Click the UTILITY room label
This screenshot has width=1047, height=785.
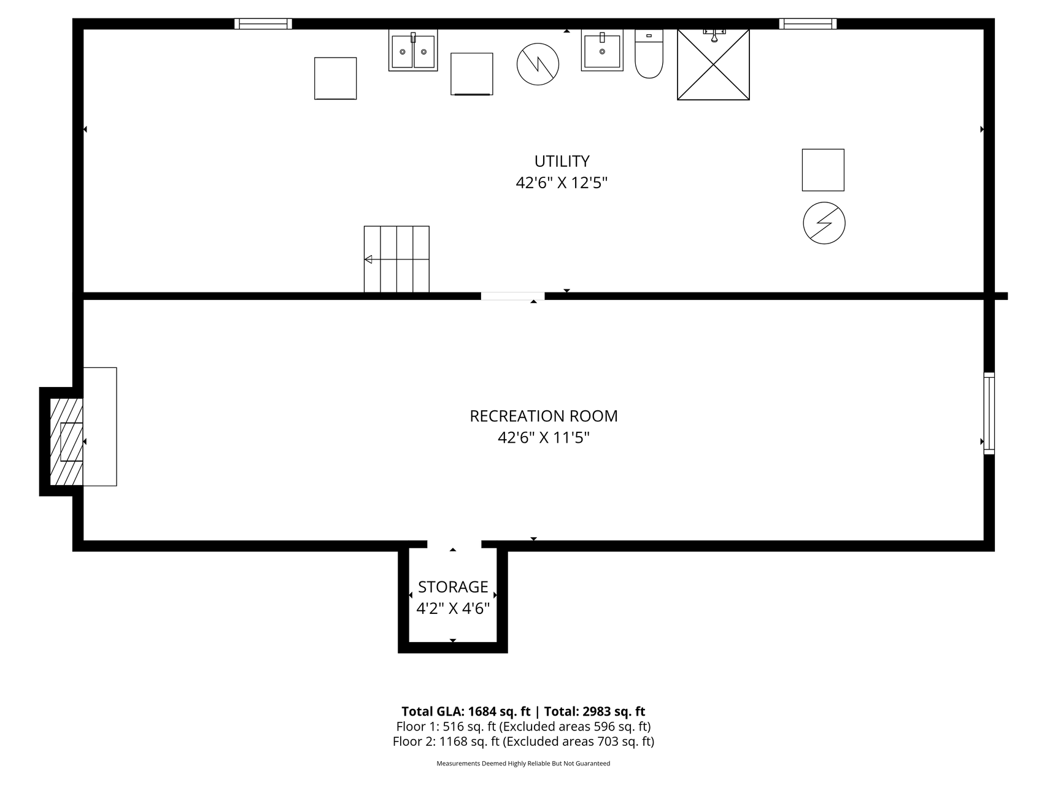pyautogui.click(x=562, y=161)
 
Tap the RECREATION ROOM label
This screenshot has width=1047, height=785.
pyautogui.click(x=544, y=416)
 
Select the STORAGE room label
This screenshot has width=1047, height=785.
pyautogui.click(x=453, y=587)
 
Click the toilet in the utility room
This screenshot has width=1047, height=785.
pyautogui.click(x=649, y=54)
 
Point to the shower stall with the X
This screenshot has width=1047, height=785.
pyautogui.click(x=713, y=64)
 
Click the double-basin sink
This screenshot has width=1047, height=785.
pyautogui.click(x=413, y=50)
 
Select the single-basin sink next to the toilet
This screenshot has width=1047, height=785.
pyautogui.click(x=602, y=50)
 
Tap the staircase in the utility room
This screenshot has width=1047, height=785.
pyautogui.click(x=396, y=259)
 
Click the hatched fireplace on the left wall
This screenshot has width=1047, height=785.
pyautogui.click(x=66, y=442)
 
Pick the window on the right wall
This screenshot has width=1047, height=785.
pyautogui.click(x=989, y=413)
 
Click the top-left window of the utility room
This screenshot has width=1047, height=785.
pyautogui.click(x=263, y=24)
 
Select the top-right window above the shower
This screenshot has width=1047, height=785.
pyautogui.click(x=808, y=24)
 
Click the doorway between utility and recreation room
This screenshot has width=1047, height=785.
pyautogui.click(x=512, y=296)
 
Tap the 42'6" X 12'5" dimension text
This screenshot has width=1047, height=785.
pyautogui.click(x=562, y=183)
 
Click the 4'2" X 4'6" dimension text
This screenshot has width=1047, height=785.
pyautogui.click(x=453, y=608)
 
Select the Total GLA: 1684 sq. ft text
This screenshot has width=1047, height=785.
pyautogui.click(x=466, y=711)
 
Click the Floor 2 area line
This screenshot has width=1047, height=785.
pyautogui.click(x=523, y=741)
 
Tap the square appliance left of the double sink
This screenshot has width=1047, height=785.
pyautogui.click(x=335, y=78)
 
